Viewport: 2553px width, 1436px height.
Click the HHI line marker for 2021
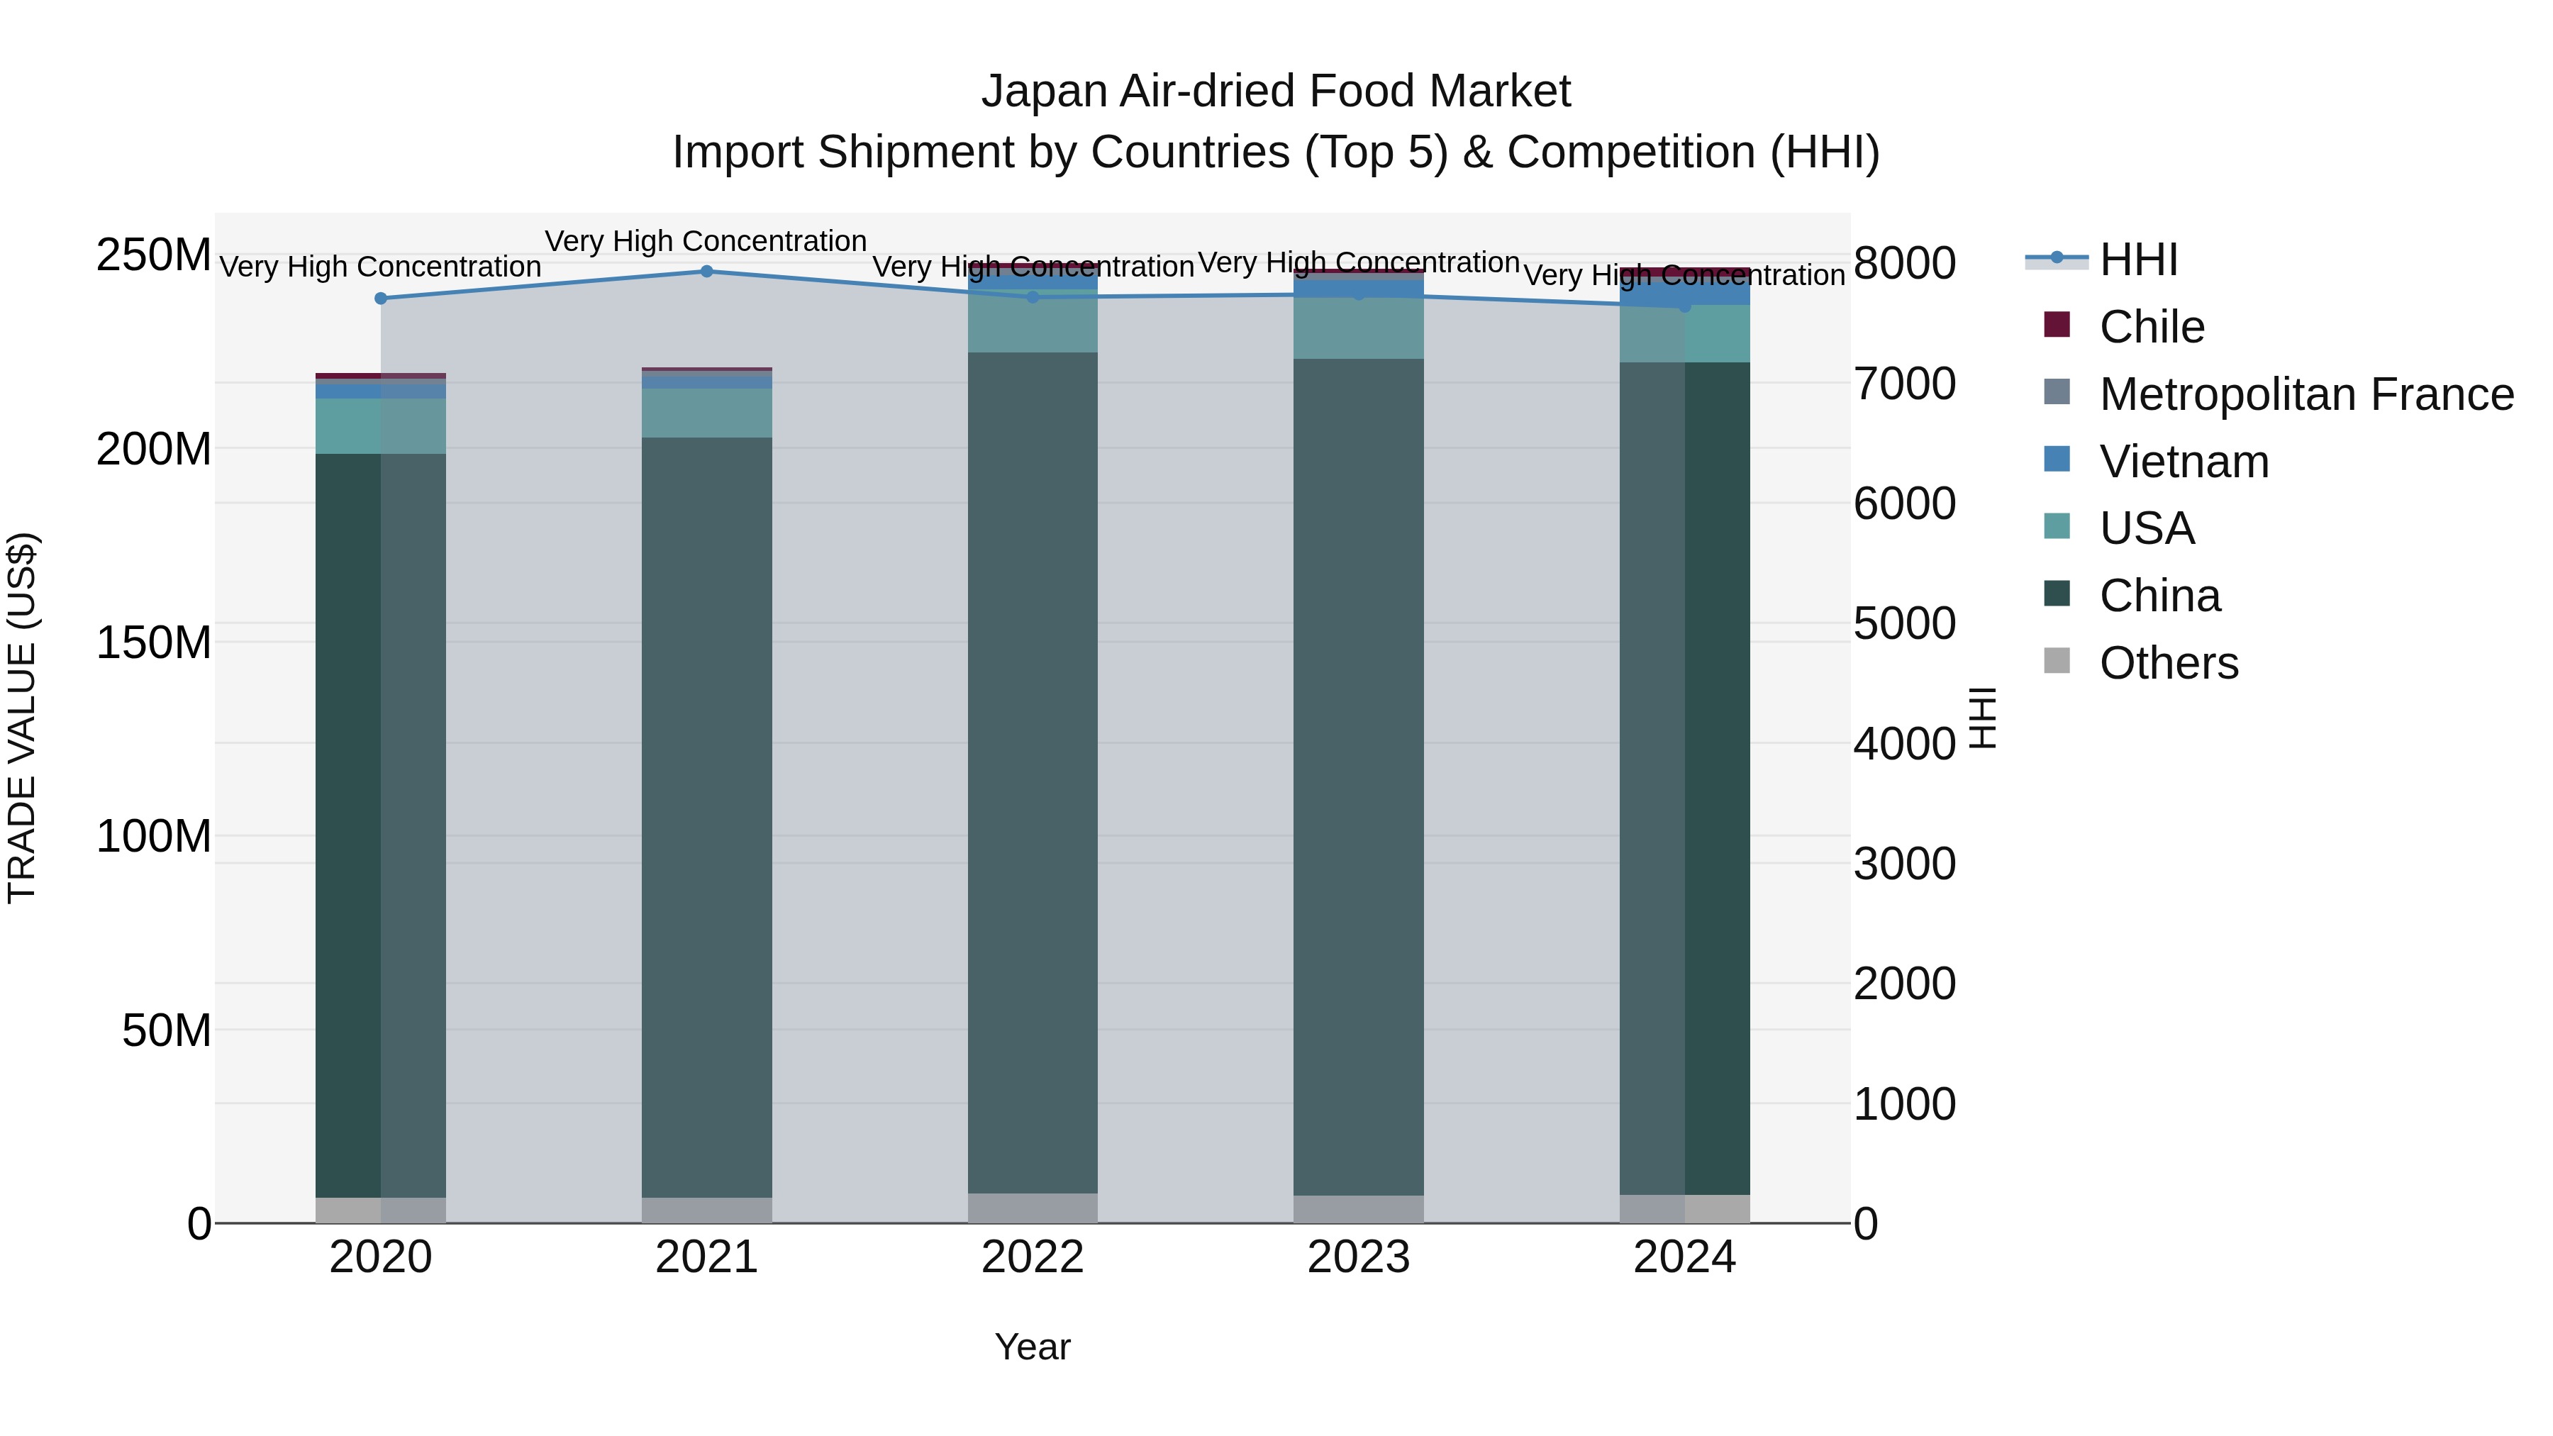coord(706,272)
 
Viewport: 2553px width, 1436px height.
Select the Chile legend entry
coord(2152,327)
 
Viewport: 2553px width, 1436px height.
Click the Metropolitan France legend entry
coord(2306,394)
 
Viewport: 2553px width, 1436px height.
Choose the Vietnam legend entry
coord(2184,462)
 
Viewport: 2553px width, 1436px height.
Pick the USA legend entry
coord(2147,528)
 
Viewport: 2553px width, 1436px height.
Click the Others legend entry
coord(2169,663)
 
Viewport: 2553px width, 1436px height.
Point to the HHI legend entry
coord(2137,260)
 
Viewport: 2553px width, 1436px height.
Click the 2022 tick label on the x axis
coord(1033,1257)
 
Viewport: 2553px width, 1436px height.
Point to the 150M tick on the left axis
coord(154,642)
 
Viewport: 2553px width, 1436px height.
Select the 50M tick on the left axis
coord(167,1030)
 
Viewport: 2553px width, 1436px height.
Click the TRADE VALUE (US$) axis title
coord(22,718)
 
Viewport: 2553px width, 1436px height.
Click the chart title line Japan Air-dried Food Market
coord(1276,91)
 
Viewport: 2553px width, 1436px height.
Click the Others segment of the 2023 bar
coord(1359,1209)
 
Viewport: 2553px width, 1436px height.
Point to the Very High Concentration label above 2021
coord(706,242)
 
